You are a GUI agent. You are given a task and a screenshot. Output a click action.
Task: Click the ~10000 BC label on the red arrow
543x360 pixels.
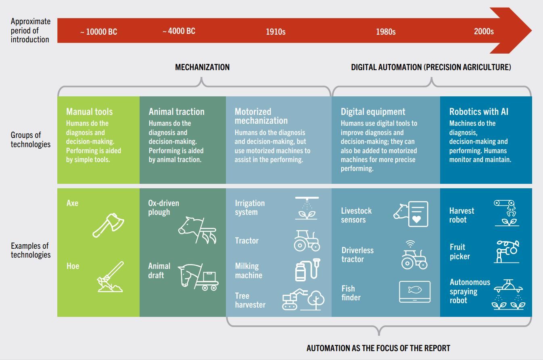99,32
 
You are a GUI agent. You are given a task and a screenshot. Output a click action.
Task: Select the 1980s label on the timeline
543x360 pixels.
386,32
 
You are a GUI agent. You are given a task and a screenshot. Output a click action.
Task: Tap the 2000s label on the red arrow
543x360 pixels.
484,31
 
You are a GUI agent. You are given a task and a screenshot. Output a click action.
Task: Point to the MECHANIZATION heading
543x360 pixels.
202,67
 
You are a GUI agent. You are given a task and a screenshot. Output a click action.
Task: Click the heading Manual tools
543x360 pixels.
90,112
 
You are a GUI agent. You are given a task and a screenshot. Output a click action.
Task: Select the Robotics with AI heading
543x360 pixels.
479,112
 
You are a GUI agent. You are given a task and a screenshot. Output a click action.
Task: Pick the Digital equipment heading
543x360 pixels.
373,112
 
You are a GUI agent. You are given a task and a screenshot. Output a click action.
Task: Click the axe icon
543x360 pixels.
109,225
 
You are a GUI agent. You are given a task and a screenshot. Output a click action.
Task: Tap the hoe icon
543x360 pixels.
111,277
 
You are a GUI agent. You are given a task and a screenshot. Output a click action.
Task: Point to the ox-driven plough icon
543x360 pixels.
197,230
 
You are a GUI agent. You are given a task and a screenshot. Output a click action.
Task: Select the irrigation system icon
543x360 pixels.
307,208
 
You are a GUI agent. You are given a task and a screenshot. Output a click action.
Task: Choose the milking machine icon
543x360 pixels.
308,270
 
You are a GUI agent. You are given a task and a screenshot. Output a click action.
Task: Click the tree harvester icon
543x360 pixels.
303,300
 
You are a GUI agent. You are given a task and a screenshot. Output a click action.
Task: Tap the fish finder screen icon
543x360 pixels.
415,292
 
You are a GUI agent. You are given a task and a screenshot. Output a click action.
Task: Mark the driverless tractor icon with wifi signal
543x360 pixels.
414,255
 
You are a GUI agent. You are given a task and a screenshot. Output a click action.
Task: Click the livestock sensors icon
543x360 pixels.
411,214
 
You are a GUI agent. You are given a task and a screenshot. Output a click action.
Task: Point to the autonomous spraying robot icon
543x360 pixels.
508,294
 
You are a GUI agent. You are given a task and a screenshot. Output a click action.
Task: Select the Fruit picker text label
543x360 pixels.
459,252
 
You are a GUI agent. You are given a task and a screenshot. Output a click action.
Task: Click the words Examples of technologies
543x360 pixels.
31,250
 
